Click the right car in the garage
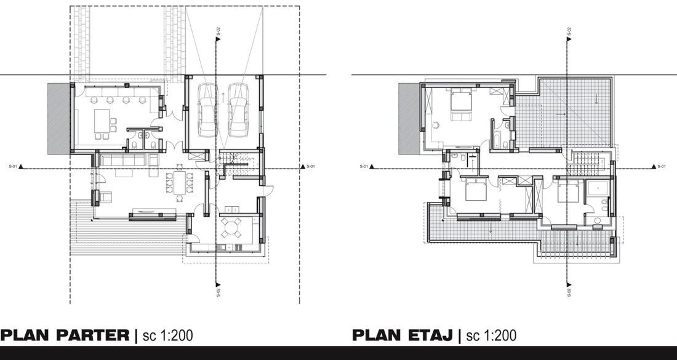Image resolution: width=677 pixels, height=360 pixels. click(238, 112)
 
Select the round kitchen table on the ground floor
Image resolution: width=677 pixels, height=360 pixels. click(232, 228)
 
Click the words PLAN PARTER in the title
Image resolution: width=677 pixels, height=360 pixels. click(65, 335)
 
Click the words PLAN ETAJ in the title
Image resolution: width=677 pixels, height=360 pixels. click(403, 335)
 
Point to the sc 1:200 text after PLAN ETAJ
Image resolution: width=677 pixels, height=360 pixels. click(491, 335)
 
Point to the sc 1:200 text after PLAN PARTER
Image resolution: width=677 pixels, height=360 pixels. click(168, 335)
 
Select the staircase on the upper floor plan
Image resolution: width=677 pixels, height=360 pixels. click(585, 164)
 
